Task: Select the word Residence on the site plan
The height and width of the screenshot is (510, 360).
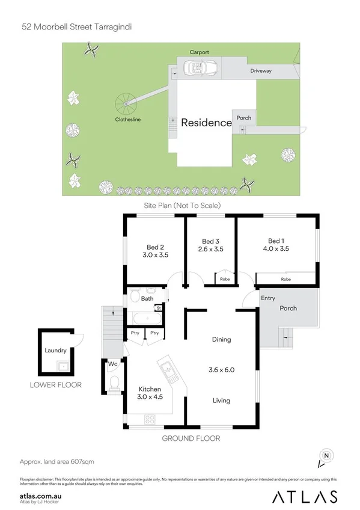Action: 206,123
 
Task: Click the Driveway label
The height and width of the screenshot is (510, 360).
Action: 261,71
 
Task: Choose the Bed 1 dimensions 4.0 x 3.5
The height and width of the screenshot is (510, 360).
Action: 276,248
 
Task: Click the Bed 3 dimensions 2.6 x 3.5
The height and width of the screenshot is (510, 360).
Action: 210,248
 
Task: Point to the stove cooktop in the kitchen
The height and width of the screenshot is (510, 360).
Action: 147,419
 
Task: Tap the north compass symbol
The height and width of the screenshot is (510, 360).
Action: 326,456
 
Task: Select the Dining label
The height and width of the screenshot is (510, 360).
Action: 221,340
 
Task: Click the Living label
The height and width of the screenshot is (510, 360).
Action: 221,401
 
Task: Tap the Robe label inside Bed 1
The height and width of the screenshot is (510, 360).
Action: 286,280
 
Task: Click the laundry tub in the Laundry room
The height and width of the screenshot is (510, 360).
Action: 61,364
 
